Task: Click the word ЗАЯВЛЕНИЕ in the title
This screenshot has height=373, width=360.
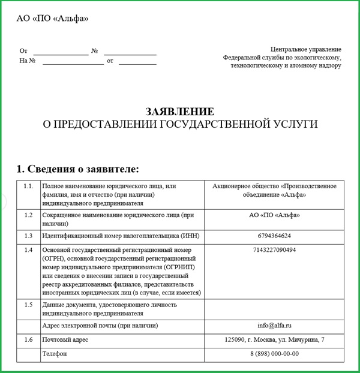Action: pyautogui.click(x=179, y=112)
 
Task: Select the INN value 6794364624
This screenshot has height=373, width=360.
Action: pyautogui.click(x=274, y=235)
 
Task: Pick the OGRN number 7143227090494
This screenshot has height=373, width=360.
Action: pyautogui.click(x=274, y=250)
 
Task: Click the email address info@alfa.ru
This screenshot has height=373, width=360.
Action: pyautogui.click(x=274, y=326)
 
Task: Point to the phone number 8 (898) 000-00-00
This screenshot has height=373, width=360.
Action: pyautogui.click(x=274, y=354)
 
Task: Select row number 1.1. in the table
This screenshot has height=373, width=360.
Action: pyautogui.click(x=28, y=186)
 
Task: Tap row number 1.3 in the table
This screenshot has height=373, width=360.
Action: pyautogui.click(x=28, y=235)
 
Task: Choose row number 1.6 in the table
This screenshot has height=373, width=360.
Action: pyautogui.click(x=28, y=340)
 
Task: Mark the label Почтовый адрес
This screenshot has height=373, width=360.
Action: pyautogui.click(x=67, y=340)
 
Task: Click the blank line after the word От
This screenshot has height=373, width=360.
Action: pyautogui.click(x=60, y=52)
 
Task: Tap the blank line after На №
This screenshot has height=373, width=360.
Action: pyautogui.click(x=73, y=61)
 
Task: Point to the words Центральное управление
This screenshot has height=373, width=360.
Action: pyautogui.click(x=305, y=49)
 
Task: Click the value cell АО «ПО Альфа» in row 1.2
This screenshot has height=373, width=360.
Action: pyautogui.click(x=274, y=215)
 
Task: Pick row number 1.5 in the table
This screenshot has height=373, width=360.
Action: pyautogui.click(x=28, y=305)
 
